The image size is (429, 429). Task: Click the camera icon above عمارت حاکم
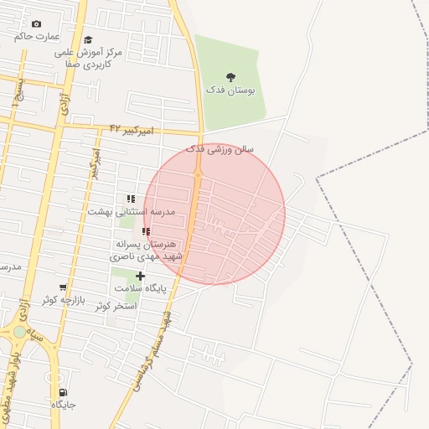coord(35,24)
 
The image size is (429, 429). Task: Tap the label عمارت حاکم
coord(38,37)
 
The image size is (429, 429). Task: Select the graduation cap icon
coord(89,39)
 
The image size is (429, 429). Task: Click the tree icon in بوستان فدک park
coord(230,77)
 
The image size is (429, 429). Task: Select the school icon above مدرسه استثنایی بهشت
coord(131,199)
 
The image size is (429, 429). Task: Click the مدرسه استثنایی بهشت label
coord(132,211)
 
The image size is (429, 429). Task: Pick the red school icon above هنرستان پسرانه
coord(146,231)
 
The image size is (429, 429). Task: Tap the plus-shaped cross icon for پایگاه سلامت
coord(140,276)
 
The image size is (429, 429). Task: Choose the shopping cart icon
coord(63,287)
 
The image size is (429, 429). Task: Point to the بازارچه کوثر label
coord(63,299)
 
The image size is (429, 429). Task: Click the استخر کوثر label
coord(116,306)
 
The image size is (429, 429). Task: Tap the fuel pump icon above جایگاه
coord(64,392)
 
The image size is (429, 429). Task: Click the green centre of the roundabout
coord(19,332)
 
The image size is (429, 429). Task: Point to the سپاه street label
coord(36,332)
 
